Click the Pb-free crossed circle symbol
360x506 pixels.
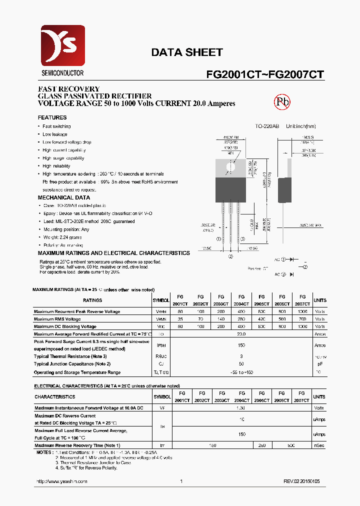pos(282,102)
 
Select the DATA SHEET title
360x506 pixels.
pos(186,52)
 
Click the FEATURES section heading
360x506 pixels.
pos(52,117)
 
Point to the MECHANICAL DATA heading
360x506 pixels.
pos(64,197)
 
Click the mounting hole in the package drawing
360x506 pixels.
pos(230,167)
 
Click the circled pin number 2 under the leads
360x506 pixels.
pos(230,256)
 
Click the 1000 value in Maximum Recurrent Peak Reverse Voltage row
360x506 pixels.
pos(302,311)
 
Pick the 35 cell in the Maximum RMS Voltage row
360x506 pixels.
pos(180,319)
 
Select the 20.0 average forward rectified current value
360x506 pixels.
pos(241,333)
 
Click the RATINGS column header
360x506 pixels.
pos(92,300)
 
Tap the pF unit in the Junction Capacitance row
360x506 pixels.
pos(319,364)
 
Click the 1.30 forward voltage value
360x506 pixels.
pos(241,408)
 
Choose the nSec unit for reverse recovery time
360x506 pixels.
pos(319,445)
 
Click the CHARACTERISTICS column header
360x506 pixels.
pos(55,397)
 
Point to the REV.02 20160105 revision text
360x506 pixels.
pos(301,481)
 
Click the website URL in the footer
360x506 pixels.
pos(62,481)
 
